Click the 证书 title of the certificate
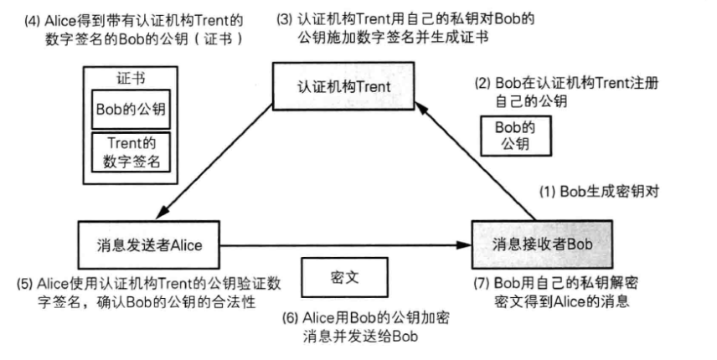click(x=130, y=77)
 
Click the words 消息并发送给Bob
click(x=362, y=336)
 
